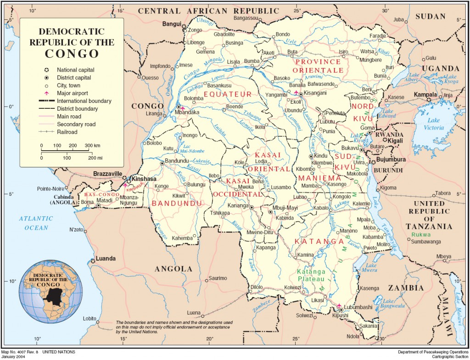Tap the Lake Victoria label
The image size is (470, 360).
pos(433,124)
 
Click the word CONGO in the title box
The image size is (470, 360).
pos(72,53)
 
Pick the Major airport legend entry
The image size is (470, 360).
pos(73,93)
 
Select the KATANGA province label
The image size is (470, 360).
pos(319,242)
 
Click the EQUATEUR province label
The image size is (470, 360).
pos(228,95)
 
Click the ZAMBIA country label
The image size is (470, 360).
pos(406,288)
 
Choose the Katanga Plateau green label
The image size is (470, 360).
pos(311,275)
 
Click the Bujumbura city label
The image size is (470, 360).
pos(391,159)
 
